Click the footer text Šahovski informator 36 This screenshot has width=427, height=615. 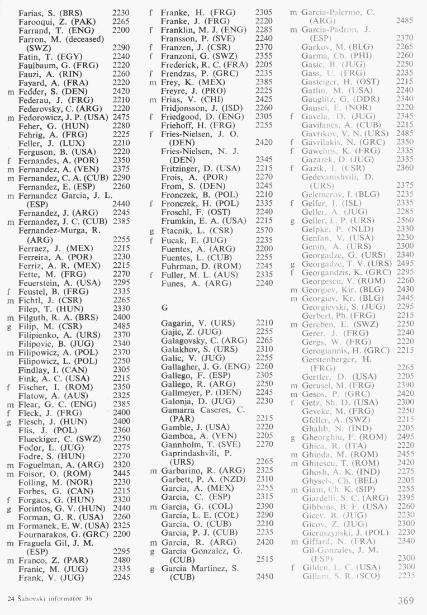click(53, 599)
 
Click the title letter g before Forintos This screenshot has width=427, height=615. click(11, 509)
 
